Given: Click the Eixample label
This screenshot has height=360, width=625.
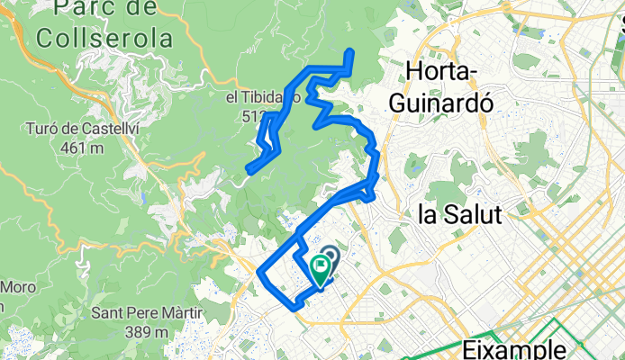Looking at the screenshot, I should [516, 347].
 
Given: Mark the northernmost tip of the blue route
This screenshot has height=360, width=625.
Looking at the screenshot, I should [349, 52].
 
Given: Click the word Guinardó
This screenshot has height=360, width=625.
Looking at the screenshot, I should [448, 102].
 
